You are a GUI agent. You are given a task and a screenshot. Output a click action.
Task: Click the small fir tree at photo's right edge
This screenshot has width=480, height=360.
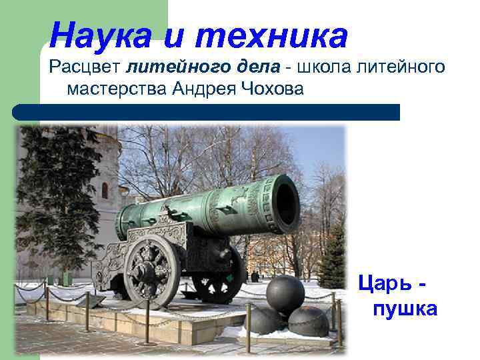pyautogui.click(x=333, y=260)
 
